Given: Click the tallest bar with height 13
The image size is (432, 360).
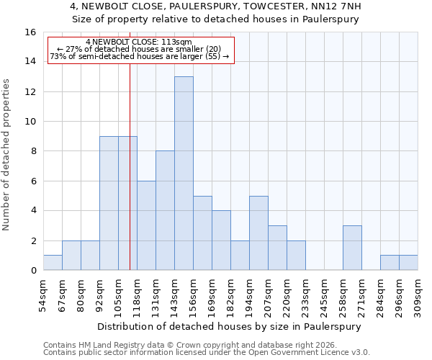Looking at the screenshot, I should click(x=184, y=174).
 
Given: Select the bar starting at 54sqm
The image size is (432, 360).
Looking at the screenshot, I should click(x=53, y=263).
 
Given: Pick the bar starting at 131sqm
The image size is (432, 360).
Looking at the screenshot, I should click(x=165, y=210).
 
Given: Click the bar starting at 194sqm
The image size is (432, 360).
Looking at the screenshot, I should click(x=258, y=233).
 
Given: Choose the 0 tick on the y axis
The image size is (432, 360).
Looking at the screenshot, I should click(x=32, y=271).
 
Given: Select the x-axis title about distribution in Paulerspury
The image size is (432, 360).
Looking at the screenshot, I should click(x=228, y=326).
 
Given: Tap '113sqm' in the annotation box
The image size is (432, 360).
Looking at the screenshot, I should click(x=179, y=42).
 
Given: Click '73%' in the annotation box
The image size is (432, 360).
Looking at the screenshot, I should click(x=58, y=56).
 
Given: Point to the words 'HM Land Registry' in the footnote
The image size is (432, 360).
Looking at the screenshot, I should click(x=111, y=346).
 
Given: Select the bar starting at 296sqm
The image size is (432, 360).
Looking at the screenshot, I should click(x=390, y=263).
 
